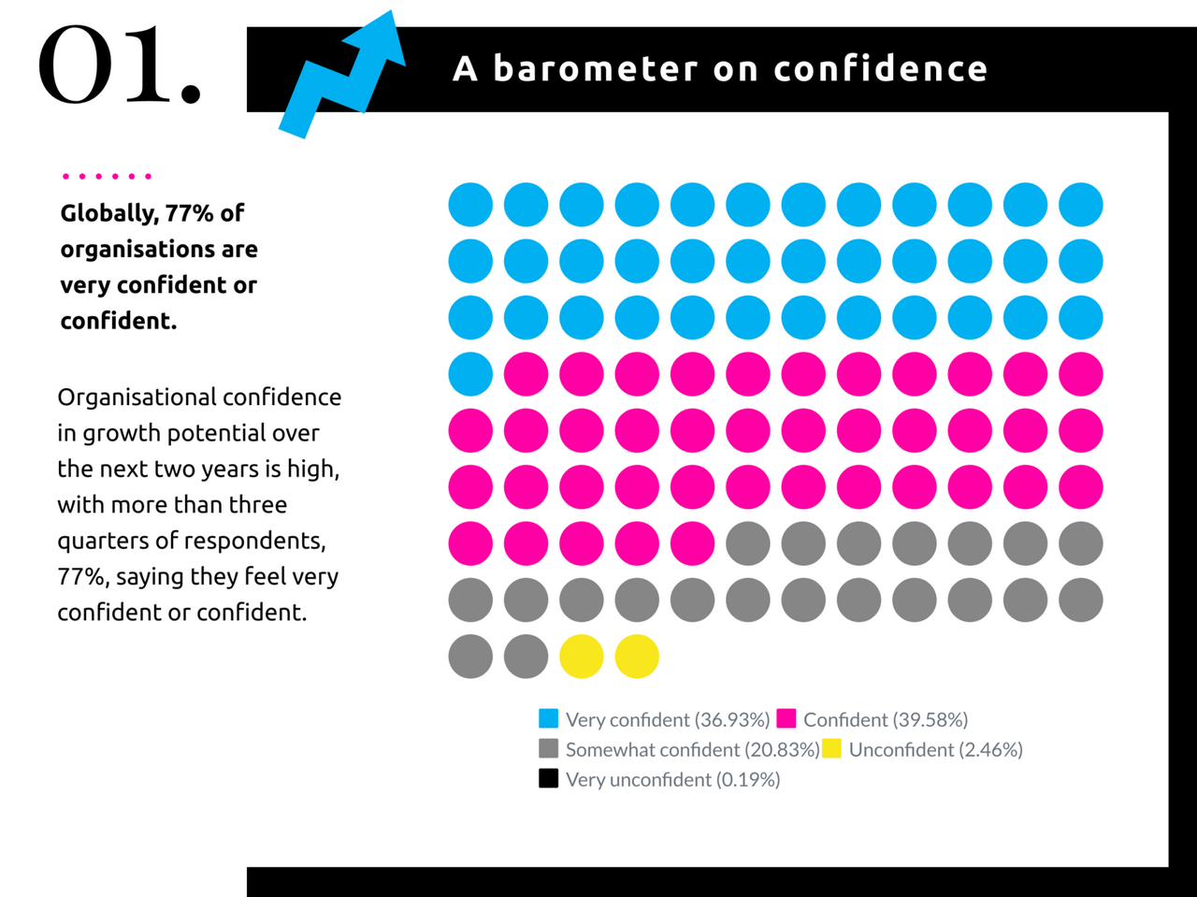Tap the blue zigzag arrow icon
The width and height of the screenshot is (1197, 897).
click(341, 75)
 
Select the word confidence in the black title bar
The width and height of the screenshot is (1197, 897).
click(880, 68)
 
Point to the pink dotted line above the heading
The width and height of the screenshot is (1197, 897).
click(106, 176)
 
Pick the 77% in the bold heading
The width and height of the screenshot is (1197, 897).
click(190, 213)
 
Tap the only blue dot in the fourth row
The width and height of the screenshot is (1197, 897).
click(470, 374)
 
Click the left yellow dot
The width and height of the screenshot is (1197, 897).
click(582, 657)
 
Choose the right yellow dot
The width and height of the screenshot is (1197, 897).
click(637, 657)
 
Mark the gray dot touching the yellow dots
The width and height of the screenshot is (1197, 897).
click(526, 657)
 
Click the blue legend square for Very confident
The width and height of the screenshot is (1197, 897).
click(549, 718)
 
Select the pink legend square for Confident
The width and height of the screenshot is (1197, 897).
click(786, 718)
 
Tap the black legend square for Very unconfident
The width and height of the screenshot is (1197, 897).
click(549, 778)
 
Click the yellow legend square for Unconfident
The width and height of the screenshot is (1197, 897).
click(832, 748)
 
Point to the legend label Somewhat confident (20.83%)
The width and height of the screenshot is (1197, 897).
click(692, 750)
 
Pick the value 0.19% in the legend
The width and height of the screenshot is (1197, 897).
click(748, 780)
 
